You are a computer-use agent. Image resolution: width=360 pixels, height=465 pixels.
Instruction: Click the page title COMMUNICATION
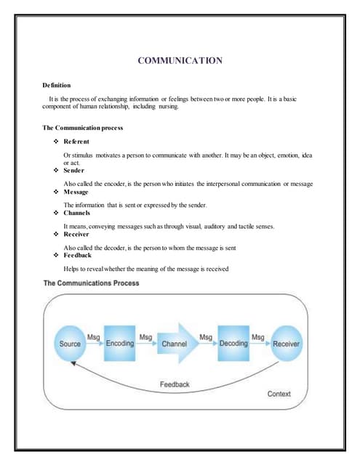coord(180,61)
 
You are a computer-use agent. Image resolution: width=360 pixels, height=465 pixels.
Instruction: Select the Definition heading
coord(60,86)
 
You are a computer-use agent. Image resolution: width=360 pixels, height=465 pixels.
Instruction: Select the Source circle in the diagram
coord(70,343)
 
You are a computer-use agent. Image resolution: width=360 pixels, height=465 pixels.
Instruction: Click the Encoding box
coord(120,343)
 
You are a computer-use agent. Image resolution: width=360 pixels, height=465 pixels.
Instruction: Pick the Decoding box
coord(233,343)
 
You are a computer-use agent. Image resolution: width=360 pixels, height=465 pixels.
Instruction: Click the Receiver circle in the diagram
coord(286,343)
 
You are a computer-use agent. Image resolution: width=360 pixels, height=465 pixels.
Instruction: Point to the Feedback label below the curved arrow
coord(175,384)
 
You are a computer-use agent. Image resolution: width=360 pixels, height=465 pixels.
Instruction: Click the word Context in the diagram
coord(279,394)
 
